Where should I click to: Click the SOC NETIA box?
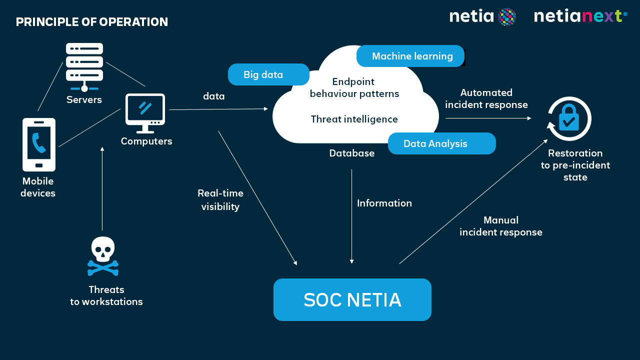[x=352, y=299]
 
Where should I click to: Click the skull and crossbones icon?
[x=103, y=256]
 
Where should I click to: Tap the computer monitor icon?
[x=145, y=113]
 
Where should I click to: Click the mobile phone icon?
[x=39, y=144]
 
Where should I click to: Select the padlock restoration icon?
[x=569, y=119]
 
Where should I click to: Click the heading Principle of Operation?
[x=92, y=22]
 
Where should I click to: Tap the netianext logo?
[x=580, y=16]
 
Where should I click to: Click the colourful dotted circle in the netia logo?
[x=507, y=16]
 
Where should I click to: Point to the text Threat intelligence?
[x=354, y=119]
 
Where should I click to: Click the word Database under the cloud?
[x=351, y=153]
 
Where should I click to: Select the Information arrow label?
[x=384, y=203]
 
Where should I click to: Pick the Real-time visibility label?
[x=220, y=200]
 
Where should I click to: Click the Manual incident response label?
[x=500, y=226]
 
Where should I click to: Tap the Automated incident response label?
[x=486, y=98]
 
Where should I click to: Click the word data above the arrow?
[x=213, y=96]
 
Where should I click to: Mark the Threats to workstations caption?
[x=106, y=295]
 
